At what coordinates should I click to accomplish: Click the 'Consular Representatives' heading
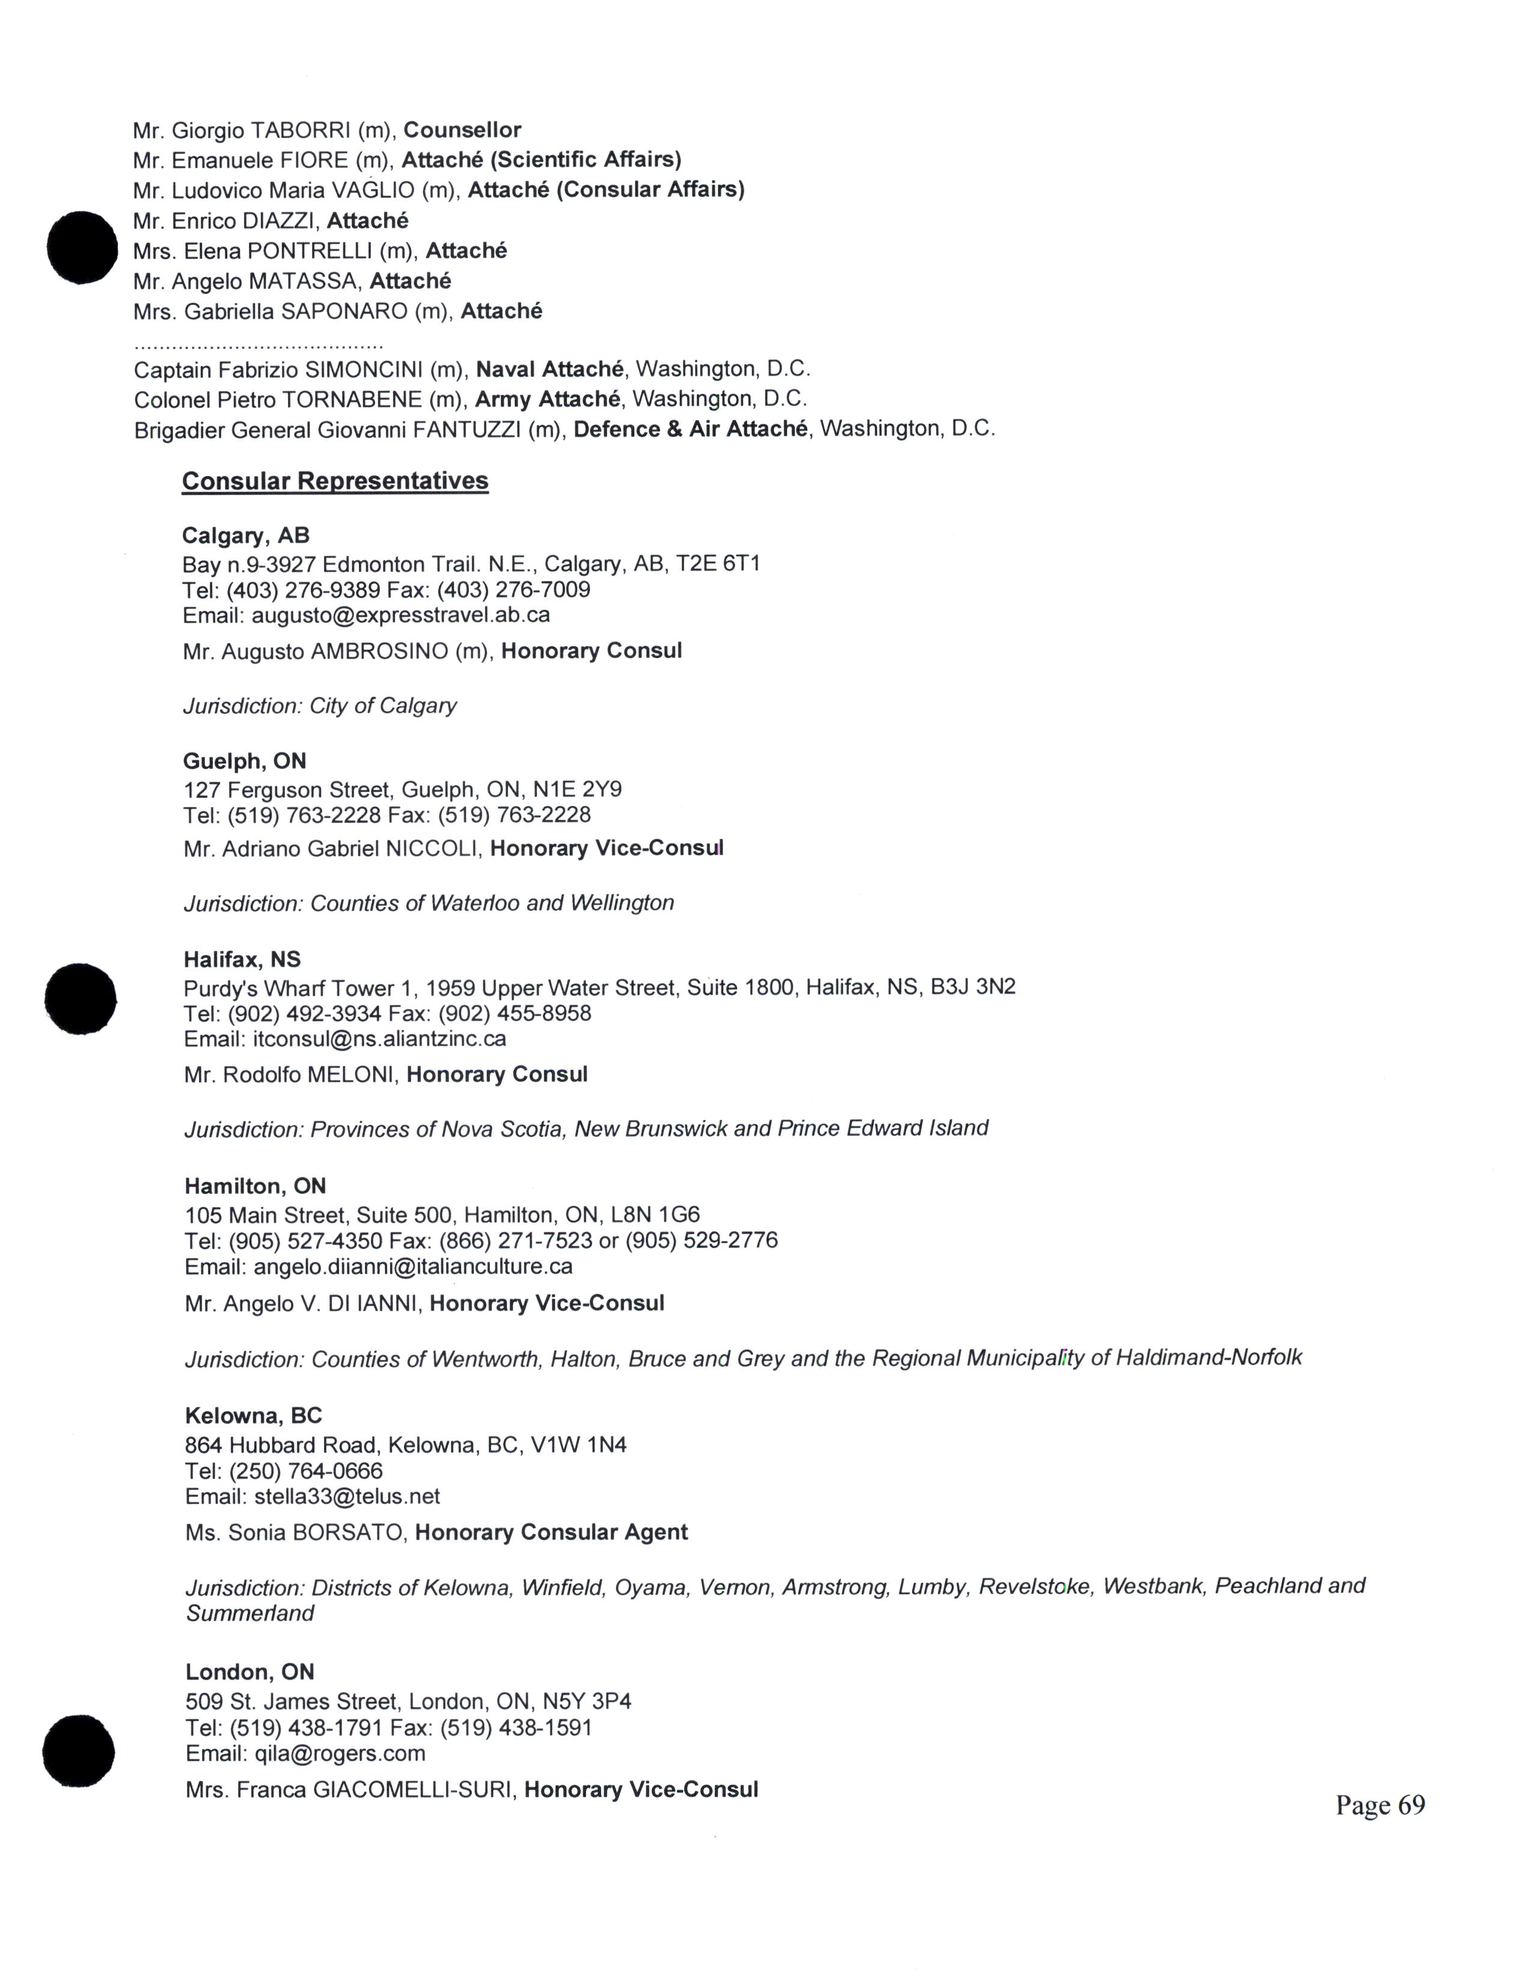point(334,481)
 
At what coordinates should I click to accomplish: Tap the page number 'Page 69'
point(1380,1805)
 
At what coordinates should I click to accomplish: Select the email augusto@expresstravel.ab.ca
point(400,615)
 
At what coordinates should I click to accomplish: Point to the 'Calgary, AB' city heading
point(245,535)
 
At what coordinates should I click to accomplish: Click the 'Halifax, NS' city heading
point(242,960)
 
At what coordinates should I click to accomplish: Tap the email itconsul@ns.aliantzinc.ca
point(379,1039)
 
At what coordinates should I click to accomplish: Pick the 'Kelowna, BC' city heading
point(253,1416)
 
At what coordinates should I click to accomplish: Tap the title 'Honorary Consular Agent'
point(551,1533)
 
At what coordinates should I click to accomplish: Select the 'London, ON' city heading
point(249,1672)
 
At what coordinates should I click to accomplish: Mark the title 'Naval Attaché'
point(549,370)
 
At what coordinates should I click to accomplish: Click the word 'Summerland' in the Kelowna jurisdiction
point(249,1613)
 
